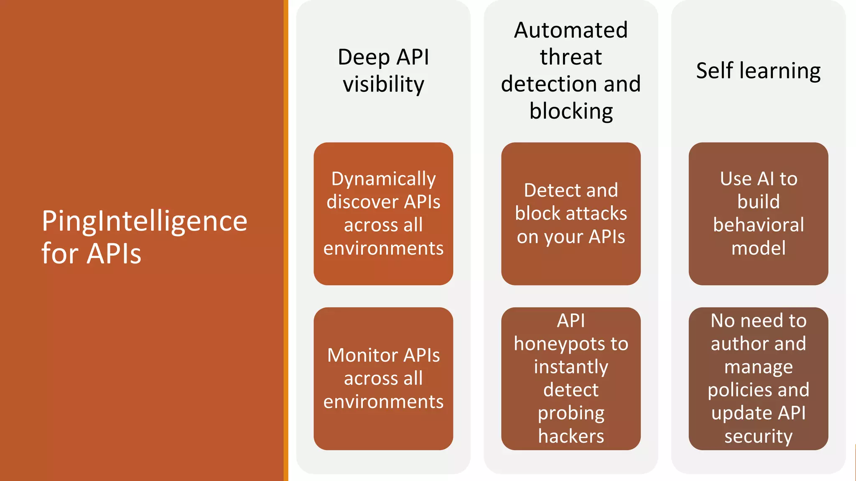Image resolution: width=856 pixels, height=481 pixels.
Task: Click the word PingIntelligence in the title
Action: pyautogui.click(x=144, y=221)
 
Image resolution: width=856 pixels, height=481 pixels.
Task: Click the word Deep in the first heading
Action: pyautogui.click(x=364, y=57)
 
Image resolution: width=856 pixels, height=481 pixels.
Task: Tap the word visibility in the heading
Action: pyautogui.click(x=383, y=84)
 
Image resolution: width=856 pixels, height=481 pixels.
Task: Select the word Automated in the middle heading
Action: pyautogui.click(x=571, y=30)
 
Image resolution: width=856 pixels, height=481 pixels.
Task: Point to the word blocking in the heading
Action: pyautogui.click(x=571, y=111)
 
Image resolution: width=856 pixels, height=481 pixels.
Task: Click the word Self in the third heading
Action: pyautogui.click(x=714, y=70)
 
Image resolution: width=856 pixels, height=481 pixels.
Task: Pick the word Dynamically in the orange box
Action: pyautogui.click(x=383, y=179)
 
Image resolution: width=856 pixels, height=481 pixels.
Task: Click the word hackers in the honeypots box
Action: pyautogui.click(x=571, y=436)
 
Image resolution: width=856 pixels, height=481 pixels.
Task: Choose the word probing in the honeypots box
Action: pyautogui.click(x=571, y=413)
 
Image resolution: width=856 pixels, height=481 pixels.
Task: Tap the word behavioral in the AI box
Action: pyautogui.click(x=758, y=225)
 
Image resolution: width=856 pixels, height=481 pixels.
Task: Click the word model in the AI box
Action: pyautogui.click(x=758, y=248)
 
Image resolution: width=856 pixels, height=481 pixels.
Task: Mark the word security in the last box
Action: pyautogui.click(x=758, y=436)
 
